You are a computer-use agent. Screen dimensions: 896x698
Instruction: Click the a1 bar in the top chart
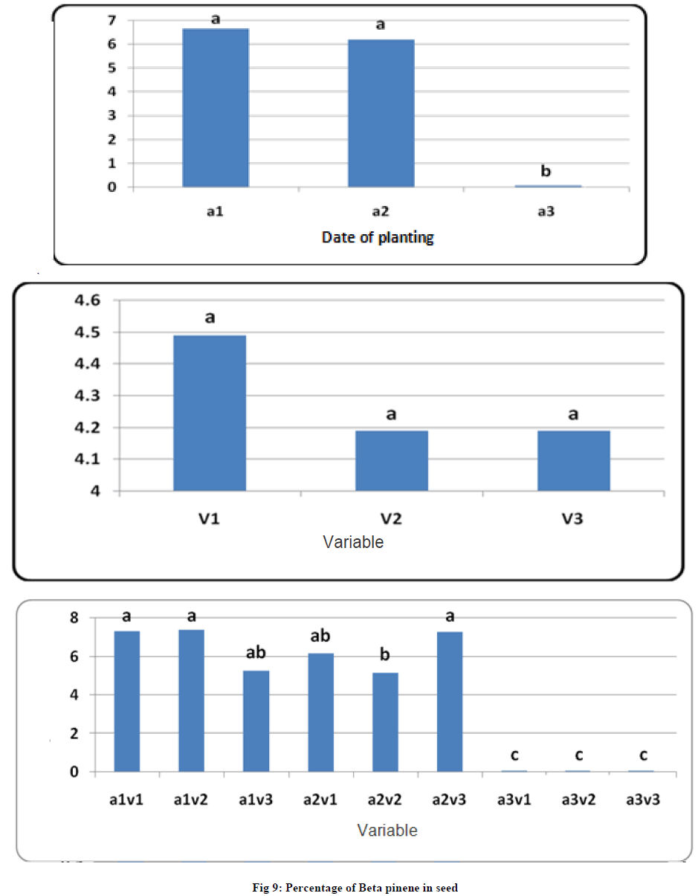(x=216, y=108)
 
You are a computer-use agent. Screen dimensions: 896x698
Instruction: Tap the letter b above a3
(x=546, y=172)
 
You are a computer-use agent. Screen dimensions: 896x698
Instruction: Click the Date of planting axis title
(x=378, y=238)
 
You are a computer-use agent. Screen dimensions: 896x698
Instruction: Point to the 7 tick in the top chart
(x=112, y=20)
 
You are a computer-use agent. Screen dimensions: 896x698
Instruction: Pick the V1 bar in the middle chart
(x=210, y=413)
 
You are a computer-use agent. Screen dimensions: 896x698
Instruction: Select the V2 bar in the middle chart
(x=392, y=460)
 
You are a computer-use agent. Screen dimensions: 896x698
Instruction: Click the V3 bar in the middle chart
(x=574, y=460)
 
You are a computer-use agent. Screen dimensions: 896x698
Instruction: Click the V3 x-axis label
(x=573, y=518)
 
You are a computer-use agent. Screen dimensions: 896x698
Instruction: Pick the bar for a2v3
(x=450, y=702)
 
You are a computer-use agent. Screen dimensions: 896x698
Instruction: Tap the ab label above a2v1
(x=320, y=636)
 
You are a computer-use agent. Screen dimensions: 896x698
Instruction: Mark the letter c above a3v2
(x=578, y=755)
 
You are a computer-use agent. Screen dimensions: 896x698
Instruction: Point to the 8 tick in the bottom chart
(x=74, y=618)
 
